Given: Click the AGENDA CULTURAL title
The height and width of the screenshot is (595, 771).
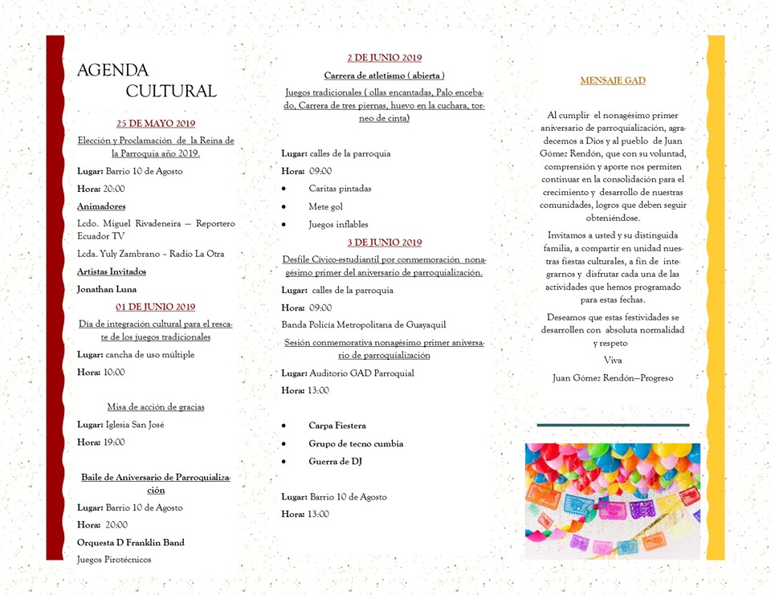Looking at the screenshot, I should point(147,80).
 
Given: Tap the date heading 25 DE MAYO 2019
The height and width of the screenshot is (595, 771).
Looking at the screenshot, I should point(156,124).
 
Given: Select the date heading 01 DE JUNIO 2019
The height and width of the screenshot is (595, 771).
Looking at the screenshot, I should point(156,307).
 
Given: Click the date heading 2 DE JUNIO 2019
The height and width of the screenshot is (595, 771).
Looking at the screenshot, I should point(384,58).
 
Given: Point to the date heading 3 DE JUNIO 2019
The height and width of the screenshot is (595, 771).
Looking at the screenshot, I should point(384,242).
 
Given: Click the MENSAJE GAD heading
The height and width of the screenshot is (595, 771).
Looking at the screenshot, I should point(613,80).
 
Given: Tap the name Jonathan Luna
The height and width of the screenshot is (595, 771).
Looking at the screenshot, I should point(107,289).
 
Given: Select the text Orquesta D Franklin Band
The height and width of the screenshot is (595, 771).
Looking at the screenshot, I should point(131,542).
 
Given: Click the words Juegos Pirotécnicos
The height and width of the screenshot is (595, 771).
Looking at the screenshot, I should point(114,559).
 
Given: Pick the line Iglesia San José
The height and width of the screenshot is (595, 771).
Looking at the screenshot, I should point(134,424).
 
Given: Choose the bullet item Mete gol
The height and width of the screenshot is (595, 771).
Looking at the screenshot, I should point(325,206).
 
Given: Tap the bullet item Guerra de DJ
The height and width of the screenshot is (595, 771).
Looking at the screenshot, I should point(336,461).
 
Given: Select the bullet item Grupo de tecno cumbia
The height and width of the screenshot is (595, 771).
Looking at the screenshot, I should point(356,443).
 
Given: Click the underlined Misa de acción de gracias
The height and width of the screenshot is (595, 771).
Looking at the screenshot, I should point(156,406).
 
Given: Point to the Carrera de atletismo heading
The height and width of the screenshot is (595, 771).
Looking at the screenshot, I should point(384,75).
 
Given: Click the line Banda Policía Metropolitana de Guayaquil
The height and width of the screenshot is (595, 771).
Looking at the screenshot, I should point(364,324).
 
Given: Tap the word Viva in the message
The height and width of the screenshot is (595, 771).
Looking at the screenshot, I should point(613,360).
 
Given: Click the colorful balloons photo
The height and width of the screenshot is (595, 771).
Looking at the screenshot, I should point(613,501).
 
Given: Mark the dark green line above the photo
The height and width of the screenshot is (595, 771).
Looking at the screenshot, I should point(613,425).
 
